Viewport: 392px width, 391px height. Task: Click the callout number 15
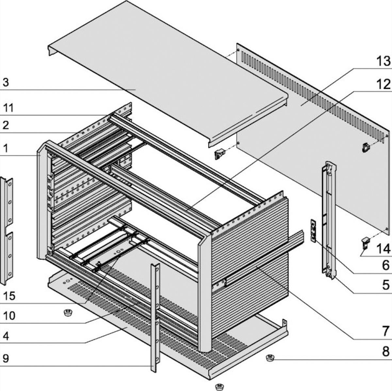coord(9,296)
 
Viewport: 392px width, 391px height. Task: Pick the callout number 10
coord(9,316)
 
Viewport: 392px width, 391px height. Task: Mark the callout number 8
coord(386,352)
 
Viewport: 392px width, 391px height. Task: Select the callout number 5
coord(386,285)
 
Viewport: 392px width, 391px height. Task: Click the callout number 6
coord(386,265)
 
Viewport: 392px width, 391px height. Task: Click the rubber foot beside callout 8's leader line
coord(270,358)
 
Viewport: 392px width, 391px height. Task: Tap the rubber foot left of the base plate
coord(68,313)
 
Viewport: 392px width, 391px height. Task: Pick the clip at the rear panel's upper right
coord(366,148)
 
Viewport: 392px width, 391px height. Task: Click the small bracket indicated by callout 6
coord(313,230)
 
